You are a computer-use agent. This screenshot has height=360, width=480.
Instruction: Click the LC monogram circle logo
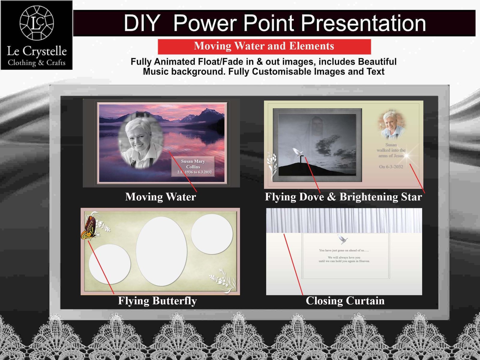tap(37, 23)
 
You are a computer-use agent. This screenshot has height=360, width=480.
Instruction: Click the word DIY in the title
tap(142, 23)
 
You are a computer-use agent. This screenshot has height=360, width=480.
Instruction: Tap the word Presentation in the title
tap(363, 23)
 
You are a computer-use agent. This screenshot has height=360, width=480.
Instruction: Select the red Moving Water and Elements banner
tap(264, 46)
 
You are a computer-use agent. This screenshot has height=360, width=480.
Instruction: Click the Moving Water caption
tap(160, 197)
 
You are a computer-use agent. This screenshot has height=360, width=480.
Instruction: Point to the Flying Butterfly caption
tap(157, 301)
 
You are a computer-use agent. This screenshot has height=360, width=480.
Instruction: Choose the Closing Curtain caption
tap(345, 301)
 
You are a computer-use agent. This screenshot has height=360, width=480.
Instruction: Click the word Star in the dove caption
tap(412, 197)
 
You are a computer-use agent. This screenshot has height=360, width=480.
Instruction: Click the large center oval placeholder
tap(161, 251)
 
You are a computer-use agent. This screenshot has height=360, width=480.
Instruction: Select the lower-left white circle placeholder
tap(109, 264)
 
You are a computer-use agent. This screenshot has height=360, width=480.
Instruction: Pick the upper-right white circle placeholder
tap(212, 234)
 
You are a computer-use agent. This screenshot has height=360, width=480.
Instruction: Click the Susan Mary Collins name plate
tap(193, 166)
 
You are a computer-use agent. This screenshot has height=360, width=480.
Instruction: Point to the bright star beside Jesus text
tap(407, 155)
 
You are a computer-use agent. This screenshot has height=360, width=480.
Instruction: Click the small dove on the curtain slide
tap(342, 239)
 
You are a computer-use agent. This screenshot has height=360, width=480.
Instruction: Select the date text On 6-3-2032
tap(391, 167)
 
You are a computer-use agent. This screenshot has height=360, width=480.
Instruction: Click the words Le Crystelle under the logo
tap(37, 51)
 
